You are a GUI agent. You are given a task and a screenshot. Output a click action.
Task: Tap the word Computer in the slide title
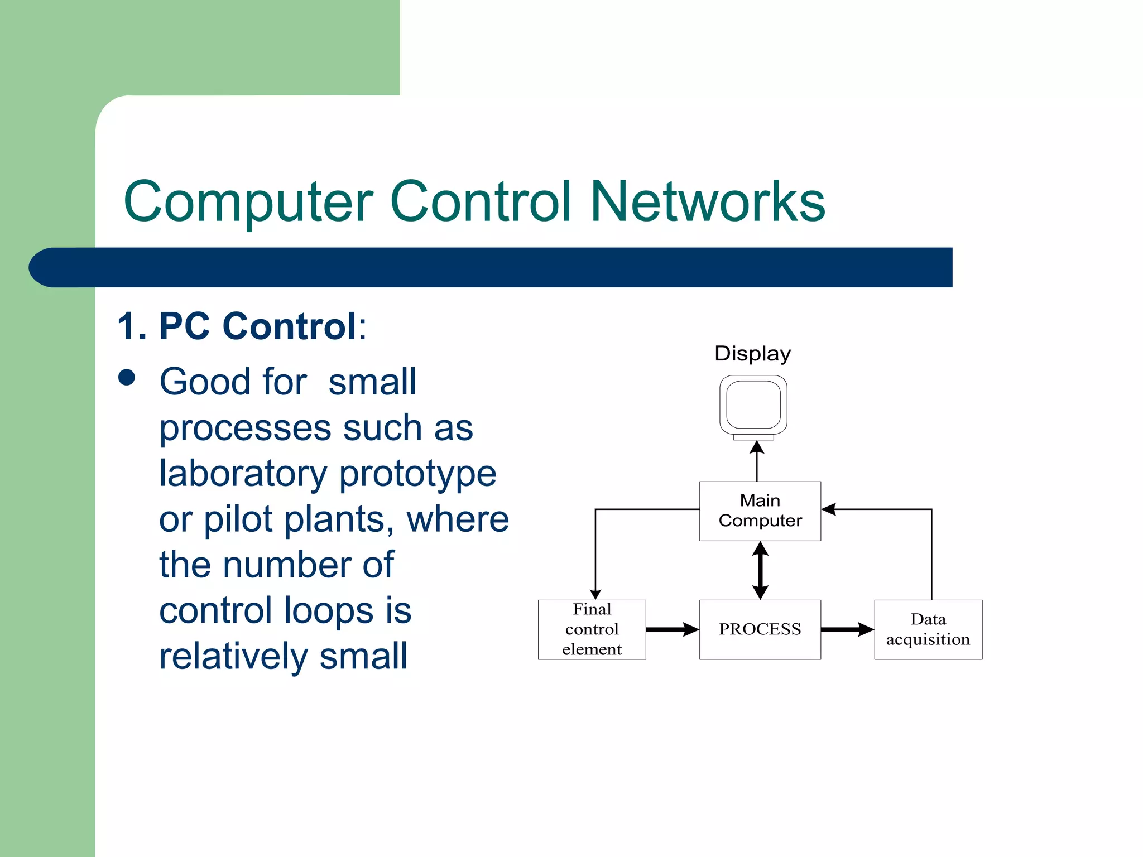[248, 202]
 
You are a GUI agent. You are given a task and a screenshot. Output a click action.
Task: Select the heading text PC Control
[257, 326]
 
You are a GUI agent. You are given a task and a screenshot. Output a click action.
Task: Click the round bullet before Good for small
[127, 378]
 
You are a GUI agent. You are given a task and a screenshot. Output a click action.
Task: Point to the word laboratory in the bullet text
[242, 473]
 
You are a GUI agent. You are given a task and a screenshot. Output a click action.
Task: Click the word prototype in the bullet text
[417, 474]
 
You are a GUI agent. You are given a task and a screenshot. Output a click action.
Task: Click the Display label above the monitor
[752, 354]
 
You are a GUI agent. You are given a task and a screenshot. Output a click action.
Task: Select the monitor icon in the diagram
[753, 407]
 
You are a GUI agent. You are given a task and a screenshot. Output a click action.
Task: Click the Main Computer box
[760, 511]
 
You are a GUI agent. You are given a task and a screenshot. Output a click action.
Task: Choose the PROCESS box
[760, 629]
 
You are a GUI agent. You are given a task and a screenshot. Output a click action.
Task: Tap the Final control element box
[592, 629]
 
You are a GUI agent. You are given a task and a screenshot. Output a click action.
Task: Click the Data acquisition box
[928, 629]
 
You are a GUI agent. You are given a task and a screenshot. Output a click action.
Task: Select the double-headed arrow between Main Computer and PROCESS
[760, 570]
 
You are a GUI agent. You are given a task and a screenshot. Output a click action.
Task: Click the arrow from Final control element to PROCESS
[672, 629]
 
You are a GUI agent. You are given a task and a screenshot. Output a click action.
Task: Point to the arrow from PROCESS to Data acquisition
[847, 629]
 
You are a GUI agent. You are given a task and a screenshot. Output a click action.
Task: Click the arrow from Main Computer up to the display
[757, 461]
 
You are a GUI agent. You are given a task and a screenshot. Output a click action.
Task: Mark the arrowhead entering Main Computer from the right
[828, 509]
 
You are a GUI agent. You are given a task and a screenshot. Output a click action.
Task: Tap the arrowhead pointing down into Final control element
[595, 595]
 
